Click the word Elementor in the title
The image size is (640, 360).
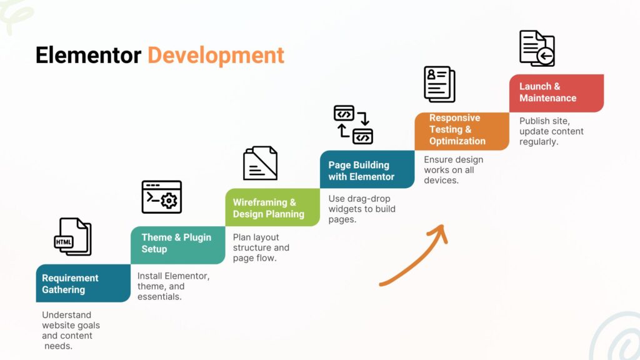88,55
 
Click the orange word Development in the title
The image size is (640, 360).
216,56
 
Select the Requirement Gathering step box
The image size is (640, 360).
83,283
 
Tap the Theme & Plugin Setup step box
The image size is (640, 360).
178,245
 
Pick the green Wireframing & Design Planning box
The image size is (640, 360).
272,207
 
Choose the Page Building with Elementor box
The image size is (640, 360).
367,169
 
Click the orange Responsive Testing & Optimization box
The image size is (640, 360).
462,131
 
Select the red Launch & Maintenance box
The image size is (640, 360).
557,93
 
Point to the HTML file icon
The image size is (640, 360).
72,237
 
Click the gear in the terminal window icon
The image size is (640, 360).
169,201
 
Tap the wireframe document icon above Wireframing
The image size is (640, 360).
260,163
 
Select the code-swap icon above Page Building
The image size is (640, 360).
354,124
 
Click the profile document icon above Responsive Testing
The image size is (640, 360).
439,84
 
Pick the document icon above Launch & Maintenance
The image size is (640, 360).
537,48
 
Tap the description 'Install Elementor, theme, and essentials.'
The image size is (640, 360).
174,286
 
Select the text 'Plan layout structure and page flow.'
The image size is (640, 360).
261,247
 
